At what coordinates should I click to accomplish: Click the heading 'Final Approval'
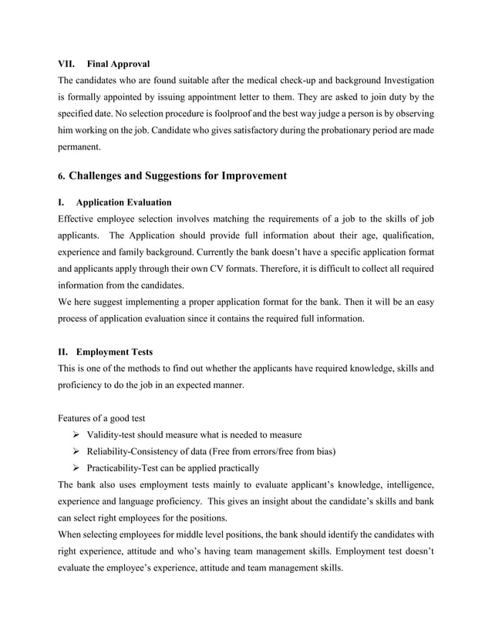tap(119, 63)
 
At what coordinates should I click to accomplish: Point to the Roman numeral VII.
tap(68, 63)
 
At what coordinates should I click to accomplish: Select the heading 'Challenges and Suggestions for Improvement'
tap(177, 176)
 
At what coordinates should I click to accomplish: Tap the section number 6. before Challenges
tap(62, 176)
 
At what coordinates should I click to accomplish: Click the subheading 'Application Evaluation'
tap(123, 203)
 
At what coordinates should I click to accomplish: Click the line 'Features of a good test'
tap(102, 419)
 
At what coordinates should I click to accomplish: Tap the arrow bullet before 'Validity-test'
tap(76, 435)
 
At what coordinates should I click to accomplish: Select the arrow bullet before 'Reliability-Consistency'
tap(76, 451)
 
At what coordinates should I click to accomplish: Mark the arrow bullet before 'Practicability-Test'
tap(76, 467)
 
